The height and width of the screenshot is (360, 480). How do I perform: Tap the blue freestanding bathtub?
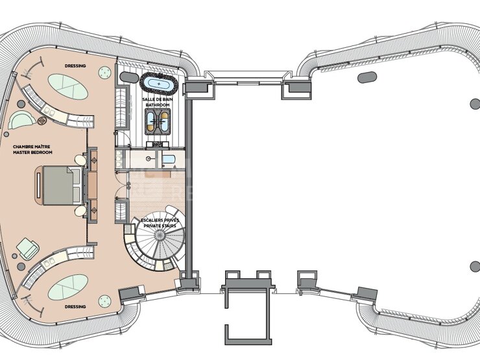pos(158,83)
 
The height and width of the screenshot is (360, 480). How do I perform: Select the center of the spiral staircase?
pos(159,235)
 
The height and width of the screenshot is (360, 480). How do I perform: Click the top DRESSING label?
pos(75,66)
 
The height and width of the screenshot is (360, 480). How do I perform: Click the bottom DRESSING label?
pos(75,306)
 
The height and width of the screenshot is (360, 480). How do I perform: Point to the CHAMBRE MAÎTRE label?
pos(32,147)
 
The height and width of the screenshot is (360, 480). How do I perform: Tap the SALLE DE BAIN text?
pos(158,99)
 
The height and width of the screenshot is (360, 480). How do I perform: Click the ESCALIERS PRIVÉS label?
pos(160,221)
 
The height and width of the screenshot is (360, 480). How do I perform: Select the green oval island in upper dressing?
pos(68,87)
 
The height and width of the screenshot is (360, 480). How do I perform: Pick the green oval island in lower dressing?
pos(68,287)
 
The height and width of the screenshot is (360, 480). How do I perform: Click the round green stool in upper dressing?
pos(104,73)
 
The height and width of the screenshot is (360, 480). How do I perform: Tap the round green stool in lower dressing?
pos(104,301)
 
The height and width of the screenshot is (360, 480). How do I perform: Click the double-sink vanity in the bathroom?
pos(158,121)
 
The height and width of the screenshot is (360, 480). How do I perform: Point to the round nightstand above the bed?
pos(80,160)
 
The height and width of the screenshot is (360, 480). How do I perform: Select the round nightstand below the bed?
pos(80,211)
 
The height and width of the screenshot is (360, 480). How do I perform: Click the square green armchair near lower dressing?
pos(28,249)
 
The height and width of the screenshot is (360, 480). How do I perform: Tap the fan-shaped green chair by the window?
pos(21,120)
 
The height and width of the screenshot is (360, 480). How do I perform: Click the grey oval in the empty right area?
pos(367,77)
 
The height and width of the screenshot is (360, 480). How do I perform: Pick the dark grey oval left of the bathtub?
pos(129,77)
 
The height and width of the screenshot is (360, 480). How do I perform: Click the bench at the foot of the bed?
pos(38,186)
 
